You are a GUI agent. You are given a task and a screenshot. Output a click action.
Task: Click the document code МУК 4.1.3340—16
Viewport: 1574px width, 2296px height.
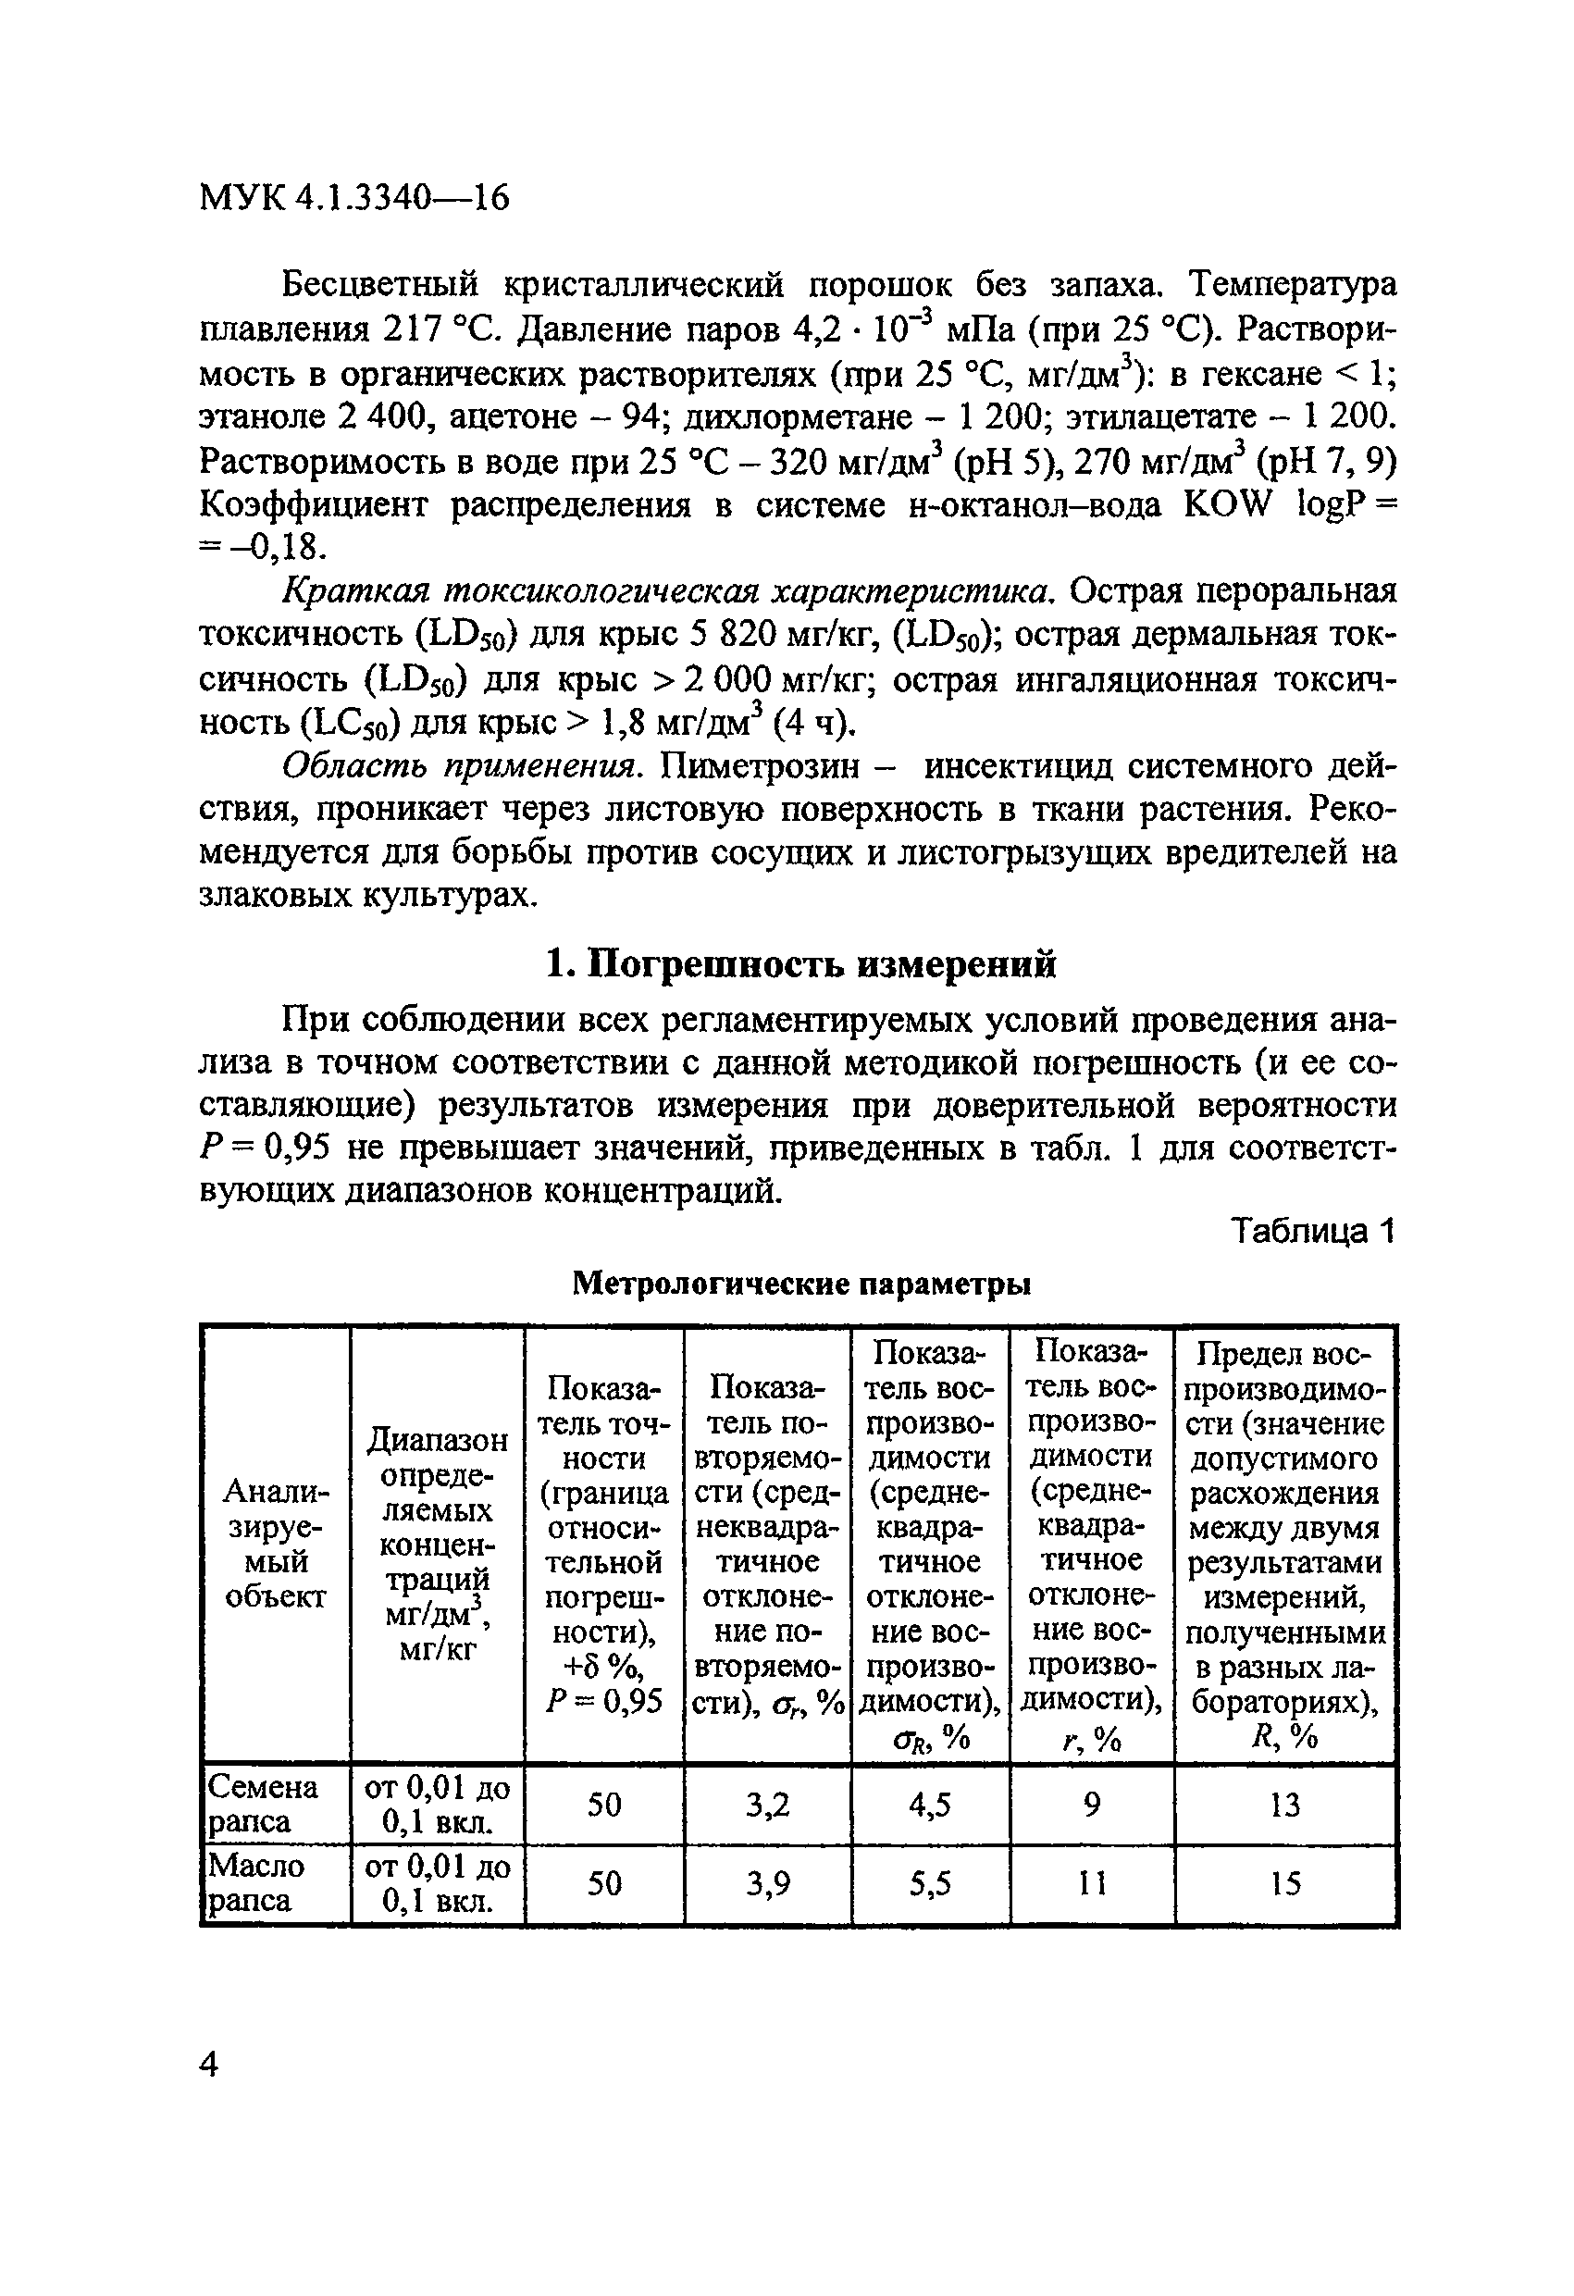[353, 200]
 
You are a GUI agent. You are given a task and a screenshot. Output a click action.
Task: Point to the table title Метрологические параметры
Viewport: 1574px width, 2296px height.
[801, 1284]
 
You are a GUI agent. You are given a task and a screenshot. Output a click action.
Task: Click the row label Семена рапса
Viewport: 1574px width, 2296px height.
[263, 1804]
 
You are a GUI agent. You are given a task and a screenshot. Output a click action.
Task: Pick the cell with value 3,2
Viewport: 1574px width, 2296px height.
[767, 1805]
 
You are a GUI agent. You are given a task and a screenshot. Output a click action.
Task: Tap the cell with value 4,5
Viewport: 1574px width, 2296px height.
[930, 1805]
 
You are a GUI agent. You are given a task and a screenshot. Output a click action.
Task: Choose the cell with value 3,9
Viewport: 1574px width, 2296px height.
[767, 1884]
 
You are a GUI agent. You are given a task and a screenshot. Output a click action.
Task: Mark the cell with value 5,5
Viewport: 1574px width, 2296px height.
[930, 1884]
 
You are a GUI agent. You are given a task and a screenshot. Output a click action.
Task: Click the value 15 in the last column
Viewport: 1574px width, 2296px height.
[1284, 1884]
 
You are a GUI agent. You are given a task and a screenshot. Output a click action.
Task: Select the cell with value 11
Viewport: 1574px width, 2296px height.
[1091, 1884]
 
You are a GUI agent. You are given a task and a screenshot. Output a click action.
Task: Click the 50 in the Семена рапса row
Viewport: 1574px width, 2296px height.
[603, 1805]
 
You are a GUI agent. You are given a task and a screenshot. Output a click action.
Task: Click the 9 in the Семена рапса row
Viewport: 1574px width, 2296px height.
[1091, 1805]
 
